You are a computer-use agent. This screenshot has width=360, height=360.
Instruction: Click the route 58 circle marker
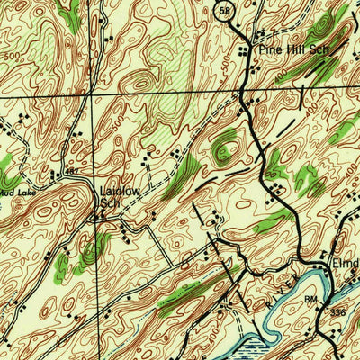tap(224, 10)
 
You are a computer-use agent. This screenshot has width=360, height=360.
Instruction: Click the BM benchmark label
tap(311, 298)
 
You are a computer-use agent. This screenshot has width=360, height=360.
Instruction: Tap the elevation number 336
tap(337, 310)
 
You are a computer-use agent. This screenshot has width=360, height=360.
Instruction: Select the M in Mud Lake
tap(4, 192)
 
